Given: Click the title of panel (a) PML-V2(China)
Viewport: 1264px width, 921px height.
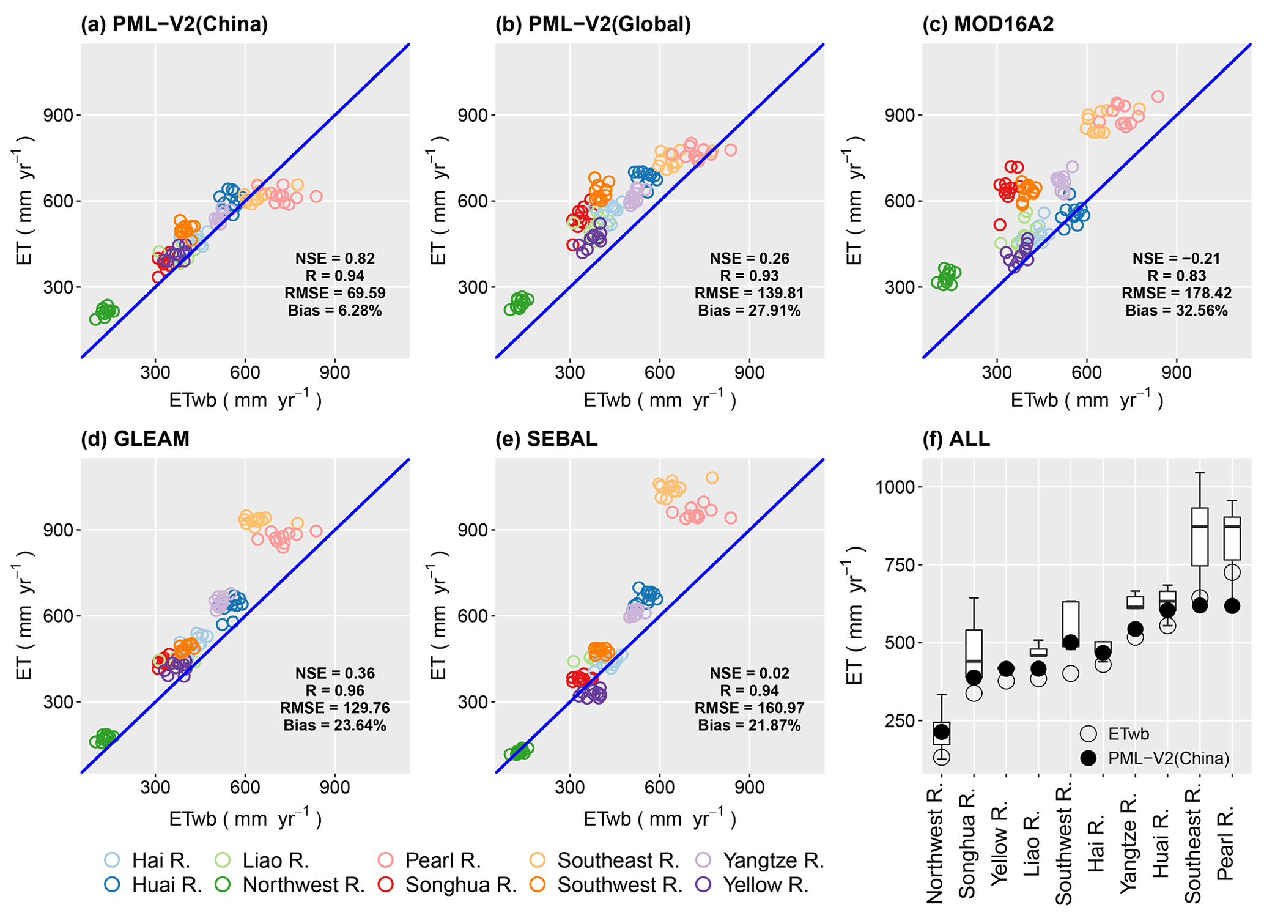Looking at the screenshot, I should click(174, 24).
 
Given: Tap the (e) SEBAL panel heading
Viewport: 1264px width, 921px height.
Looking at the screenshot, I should click(546, 439).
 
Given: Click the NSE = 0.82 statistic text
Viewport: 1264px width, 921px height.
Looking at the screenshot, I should click(335, 259).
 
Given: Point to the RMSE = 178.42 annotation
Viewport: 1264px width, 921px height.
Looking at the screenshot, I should click(1177, 294).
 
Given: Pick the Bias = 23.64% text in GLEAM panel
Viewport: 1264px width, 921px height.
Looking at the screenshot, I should click(335, 726).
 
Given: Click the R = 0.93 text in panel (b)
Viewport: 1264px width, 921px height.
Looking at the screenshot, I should click(750, 276).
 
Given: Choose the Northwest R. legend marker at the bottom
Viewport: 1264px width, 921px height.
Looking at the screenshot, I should click(223, 885).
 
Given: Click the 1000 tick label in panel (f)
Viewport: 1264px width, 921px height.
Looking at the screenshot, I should click(895, 487).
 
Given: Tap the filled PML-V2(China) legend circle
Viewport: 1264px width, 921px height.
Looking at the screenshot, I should click(1088, 758).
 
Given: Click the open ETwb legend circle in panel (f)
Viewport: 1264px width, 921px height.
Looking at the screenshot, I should click(1088, 734).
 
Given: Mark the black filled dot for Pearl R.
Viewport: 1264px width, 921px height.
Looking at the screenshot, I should click(1232, 606).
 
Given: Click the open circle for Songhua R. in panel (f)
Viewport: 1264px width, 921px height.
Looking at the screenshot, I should click(974, 694).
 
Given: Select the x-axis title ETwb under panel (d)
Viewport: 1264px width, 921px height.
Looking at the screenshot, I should click(245, 818).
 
